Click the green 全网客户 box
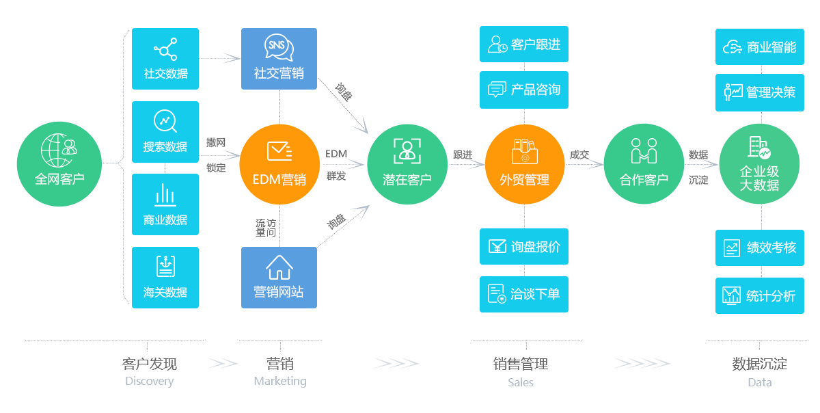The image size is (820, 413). (59, 164)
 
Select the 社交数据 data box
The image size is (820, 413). (165, 59)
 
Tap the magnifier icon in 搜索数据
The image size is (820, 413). (165, 121)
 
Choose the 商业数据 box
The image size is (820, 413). (165, 204)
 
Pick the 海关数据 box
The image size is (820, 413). (165, 278)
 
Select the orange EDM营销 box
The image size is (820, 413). (279, 164)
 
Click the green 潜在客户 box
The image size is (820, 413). (407, 164)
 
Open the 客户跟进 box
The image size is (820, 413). (523, 44)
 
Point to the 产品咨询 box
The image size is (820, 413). (523, 89)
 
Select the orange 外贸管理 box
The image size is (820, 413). (524, 164)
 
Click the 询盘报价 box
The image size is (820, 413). (523, 246)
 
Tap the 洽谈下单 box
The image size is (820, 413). (523, 293)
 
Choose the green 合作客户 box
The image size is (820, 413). (644, 164)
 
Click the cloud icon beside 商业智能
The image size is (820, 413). (732, 47)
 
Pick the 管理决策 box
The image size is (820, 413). (759, 92)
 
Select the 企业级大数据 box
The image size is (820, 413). (759, 164)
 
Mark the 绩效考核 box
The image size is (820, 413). (759, 248)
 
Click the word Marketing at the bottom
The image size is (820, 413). (279, 381)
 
